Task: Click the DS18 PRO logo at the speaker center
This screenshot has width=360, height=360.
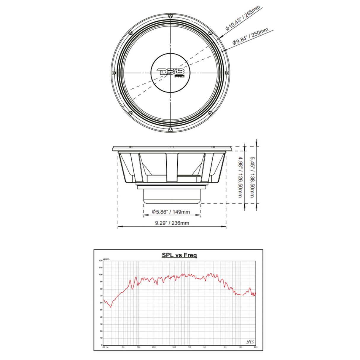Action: coord(171,72)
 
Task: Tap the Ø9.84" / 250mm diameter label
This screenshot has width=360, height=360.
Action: coord(250,36)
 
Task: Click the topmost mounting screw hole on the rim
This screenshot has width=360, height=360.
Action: coord(171,15)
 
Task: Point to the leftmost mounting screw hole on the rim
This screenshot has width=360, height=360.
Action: coord(114,72)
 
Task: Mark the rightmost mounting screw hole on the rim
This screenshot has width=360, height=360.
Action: coord(227,72)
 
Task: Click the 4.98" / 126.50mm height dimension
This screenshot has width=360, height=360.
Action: coord(240,177)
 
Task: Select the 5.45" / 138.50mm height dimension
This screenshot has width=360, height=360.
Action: coord(252,177)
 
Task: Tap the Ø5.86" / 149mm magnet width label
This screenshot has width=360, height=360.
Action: coord(171,212)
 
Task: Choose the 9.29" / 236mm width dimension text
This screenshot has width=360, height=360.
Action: coord(172,223)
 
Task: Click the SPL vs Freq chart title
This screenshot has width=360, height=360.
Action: coord(179,255)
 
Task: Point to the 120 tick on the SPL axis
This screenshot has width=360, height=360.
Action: coord(101,261)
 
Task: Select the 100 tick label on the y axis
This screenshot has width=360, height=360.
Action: coord(101,275)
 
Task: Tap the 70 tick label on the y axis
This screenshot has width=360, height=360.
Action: coord(101,296)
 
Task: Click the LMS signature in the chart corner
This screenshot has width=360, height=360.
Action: coord(250,342)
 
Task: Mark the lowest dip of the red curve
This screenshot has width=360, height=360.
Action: coord(111,307)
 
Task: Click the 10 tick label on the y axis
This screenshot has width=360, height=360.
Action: coord(101,338)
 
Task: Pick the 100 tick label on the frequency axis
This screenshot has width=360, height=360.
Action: coord(138,347)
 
